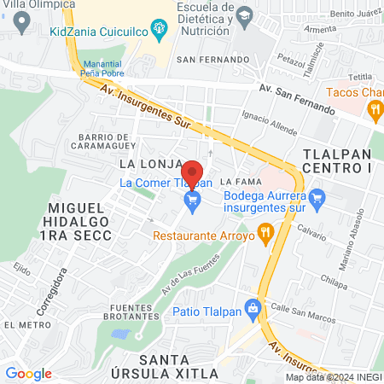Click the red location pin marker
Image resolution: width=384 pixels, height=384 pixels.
coord(192,174)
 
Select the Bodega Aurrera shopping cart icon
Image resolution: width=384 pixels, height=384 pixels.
coord(317,201)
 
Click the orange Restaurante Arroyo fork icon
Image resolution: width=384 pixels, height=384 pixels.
coord(265,230)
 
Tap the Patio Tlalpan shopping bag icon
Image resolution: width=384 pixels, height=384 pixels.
coord(252,306)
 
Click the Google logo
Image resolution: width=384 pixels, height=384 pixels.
coord(28,373)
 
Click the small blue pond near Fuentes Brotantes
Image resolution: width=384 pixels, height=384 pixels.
coord(120,334)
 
